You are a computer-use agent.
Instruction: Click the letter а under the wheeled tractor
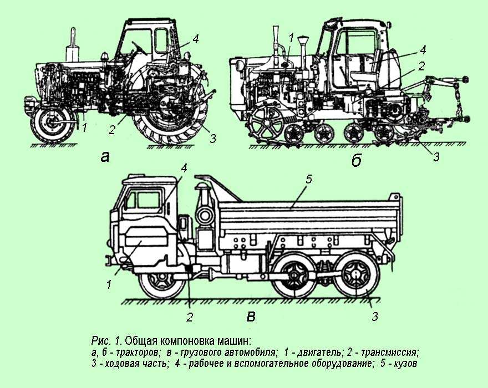pos(105,157)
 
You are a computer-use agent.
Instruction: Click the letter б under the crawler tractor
pos(357,160)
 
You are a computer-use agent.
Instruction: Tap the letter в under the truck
pos(251,316)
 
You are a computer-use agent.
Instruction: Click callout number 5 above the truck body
pos(309,179)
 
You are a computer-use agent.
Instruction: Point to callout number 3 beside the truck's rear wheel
pos(375,316)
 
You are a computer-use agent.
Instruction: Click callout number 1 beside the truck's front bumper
pos(109,284)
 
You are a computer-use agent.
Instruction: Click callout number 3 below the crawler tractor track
pos(436,157)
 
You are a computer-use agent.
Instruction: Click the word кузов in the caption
pos(403,364)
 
